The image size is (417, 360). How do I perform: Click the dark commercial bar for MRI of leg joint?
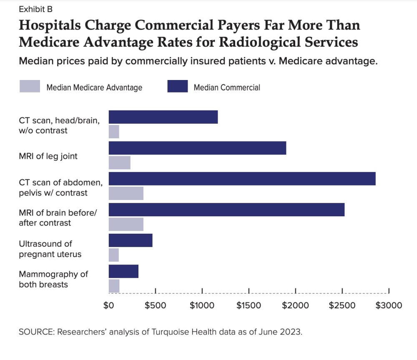[x=197, y=148]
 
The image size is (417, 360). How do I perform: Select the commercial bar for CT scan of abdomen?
[x=242, y=179]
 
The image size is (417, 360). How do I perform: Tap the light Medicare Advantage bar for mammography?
[x=114, y=286]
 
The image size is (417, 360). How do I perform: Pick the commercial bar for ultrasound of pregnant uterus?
[x=131, y=240]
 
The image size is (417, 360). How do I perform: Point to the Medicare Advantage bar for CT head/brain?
[x=114, y=132]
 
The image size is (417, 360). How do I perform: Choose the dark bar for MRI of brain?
[x=226, y=210]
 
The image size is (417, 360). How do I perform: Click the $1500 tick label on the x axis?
[x=249, y=305]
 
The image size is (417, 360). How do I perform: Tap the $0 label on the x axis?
[x=108, y=305]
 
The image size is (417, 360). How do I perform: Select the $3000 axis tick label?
[x=389, y=305]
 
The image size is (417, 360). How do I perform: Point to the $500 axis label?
[x=155, y=305]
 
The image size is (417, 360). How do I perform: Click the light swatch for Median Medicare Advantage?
[x=30, y=87]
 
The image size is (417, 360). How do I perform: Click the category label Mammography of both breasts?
[x=53, y=280]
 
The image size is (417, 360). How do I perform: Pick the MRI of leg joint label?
[x=48, y=157]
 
